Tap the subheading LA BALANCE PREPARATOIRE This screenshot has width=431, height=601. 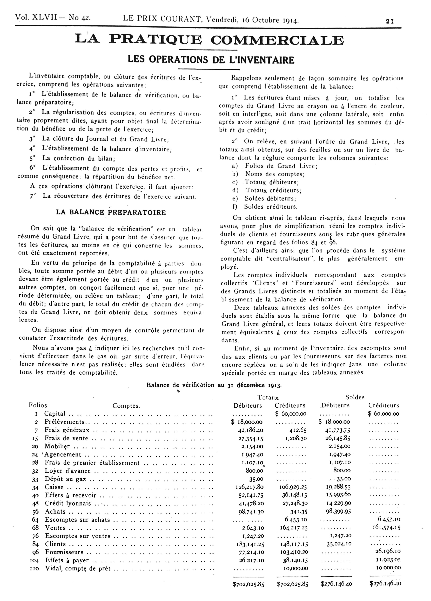click(x=111, y=213)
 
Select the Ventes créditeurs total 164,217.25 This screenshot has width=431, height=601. click(x=294, y=528)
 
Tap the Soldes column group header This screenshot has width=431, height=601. click(x=355, y=397)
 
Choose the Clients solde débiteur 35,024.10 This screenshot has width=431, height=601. click(x=338, y=544)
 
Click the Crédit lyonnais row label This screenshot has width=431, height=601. click(x=68, y=503)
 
